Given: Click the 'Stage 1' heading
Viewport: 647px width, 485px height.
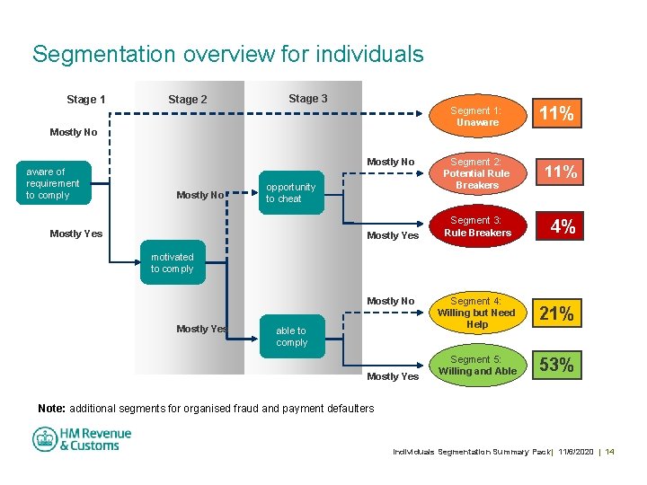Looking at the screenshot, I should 86,100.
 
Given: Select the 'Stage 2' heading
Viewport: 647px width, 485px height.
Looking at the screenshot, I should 187,100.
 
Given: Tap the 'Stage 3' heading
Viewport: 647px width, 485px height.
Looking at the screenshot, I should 307,99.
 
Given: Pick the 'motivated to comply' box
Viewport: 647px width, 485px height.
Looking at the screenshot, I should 172,263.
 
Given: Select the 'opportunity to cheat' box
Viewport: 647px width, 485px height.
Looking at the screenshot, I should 290,193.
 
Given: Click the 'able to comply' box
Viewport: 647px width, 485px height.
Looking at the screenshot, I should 291,337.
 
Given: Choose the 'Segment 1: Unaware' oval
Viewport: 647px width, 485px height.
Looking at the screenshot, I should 476,116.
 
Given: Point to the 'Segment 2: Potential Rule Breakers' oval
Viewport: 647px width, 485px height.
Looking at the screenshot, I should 476,173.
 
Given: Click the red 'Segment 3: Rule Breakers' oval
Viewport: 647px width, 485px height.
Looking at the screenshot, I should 476,227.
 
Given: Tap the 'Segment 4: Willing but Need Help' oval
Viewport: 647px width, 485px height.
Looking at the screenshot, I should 476,313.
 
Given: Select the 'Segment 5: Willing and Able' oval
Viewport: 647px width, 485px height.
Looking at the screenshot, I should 477,365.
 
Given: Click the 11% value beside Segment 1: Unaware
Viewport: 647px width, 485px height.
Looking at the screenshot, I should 556,114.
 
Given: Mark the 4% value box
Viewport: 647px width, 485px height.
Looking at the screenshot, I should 563,228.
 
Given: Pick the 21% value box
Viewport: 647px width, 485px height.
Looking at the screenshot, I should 556,313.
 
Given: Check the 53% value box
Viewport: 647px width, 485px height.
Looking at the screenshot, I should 556,366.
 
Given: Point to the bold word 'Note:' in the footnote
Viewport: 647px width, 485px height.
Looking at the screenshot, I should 51,409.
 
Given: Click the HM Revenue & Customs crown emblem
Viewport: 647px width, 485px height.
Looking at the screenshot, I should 45,439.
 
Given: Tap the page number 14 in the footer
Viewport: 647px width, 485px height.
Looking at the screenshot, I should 610,451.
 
